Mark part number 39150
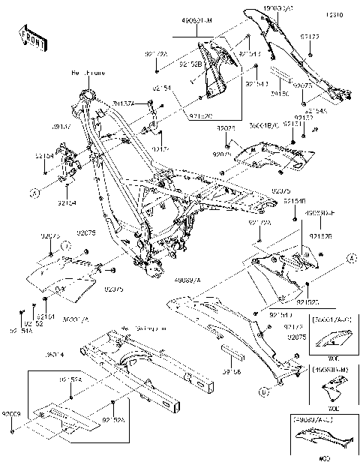[x=279, y=95]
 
